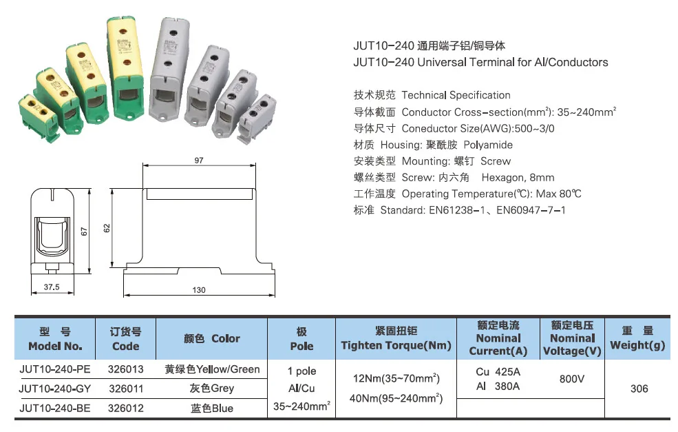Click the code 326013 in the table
pos(126,369)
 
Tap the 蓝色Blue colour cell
pos(212,408)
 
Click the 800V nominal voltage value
pos(571,379)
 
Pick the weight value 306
pos(639,389)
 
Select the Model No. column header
pos(55,338)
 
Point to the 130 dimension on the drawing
pos(198,290)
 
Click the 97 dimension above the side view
pos(199,160)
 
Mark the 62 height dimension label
pos(107,228)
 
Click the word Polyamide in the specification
pos(488,145)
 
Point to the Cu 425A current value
pos(498,371)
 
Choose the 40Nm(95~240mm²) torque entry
pos(396,398)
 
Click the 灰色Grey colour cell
pos(212,389)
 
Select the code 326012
pos(126,408)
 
